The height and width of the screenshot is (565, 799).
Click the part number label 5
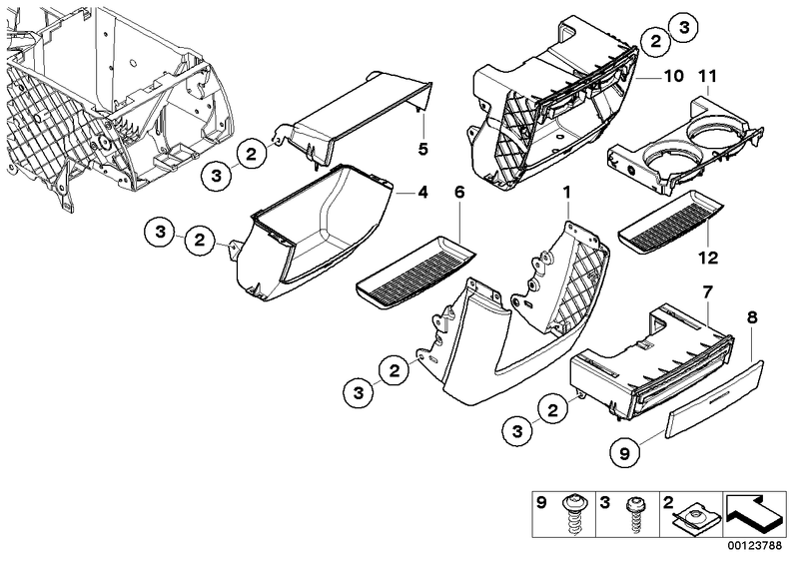422,150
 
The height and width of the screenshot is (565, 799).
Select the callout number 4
422,193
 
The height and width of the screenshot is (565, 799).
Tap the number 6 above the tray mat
459,193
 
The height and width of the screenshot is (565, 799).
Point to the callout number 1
566,193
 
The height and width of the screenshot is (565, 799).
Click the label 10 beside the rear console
673,77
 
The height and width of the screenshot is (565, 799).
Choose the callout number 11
708,77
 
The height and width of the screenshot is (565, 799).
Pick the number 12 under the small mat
708,258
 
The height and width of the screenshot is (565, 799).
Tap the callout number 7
708,292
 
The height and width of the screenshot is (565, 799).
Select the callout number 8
752,317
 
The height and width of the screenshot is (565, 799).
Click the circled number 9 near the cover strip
625,452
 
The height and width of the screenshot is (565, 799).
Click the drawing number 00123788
754,546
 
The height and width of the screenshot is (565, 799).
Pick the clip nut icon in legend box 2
694,515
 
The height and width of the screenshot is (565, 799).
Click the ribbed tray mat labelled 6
415,274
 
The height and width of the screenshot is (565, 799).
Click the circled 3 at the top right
683,29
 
